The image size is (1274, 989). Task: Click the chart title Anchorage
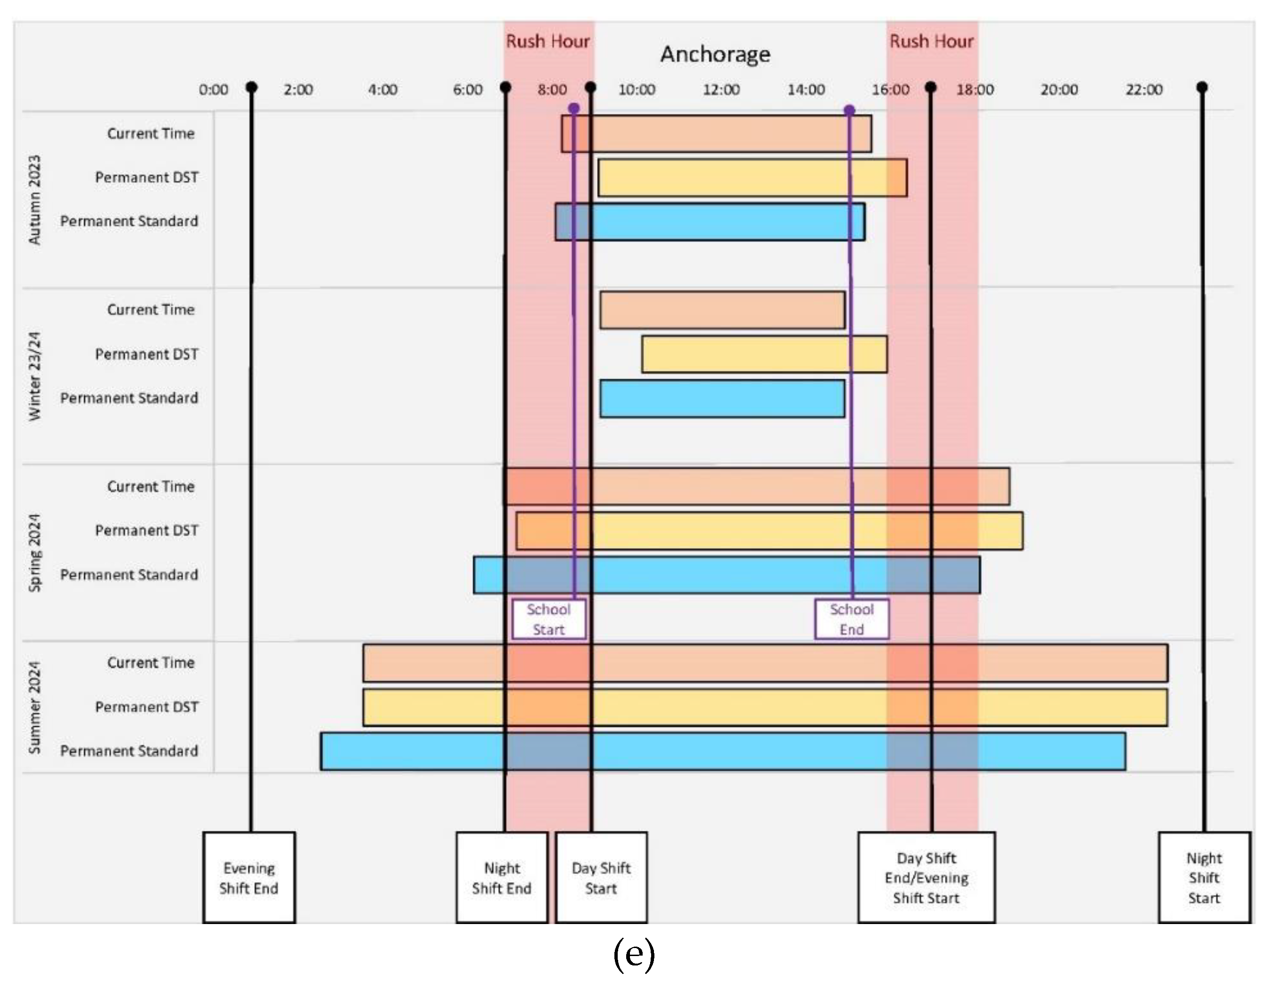(x=715, y=54)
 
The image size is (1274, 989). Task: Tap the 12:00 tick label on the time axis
(x=721, y=90)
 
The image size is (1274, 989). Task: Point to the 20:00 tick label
(x=1059, y=90)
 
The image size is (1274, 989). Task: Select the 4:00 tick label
(x=383, y=90)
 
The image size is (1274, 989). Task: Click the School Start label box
(x=548, y=619)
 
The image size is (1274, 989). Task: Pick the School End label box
(x=852, y=619)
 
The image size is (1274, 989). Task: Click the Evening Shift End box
(x=249, y=877)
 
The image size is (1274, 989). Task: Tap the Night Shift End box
(x=502, y=877)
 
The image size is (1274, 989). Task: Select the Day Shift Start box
(x=601, y=877)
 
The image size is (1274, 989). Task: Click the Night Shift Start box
(x=1204, y=877)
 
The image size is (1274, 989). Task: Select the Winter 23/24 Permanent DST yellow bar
(x=764, y=354)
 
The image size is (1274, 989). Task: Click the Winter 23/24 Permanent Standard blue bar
(x=722, y=398)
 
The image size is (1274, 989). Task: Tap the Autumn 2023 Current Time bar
(x=717, y=134)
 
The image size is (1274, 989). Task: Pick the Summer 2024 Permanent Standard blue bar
(x=723, y=751)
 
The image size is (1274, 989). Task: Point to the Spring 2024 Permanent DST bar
(x=769, y=531)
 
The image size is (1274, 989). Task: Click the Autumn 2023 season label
(x=35, y=200)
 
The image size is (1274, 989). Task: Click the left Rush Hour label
(x=548, y=41)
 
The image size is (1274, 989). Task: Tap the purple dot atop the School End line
(x=849, y=110)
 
